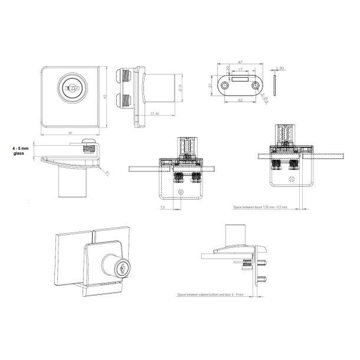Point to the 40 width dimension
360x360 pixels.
click(x=70, y=133)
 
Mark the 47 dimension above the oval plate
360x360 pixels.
click(x=240, y=61)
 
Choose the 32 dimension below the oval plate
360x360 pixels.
click(x=239, y=101)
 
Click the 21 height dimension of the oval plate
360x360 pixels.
click(x=211, y=86)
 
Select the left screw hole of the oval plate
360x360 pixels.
click(x=225, y=86)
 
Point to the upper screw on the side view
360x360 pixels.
click(x=126, y=75)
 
